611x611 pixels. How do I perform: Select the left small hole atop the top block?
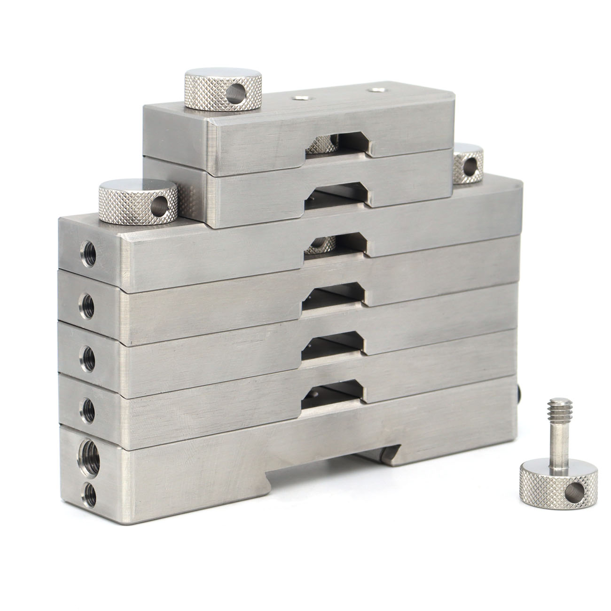pyautogui.click(x=298, y=98)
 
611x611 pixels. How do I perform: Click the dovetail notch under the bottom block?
pyautogui.click(x=329, y=466)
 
